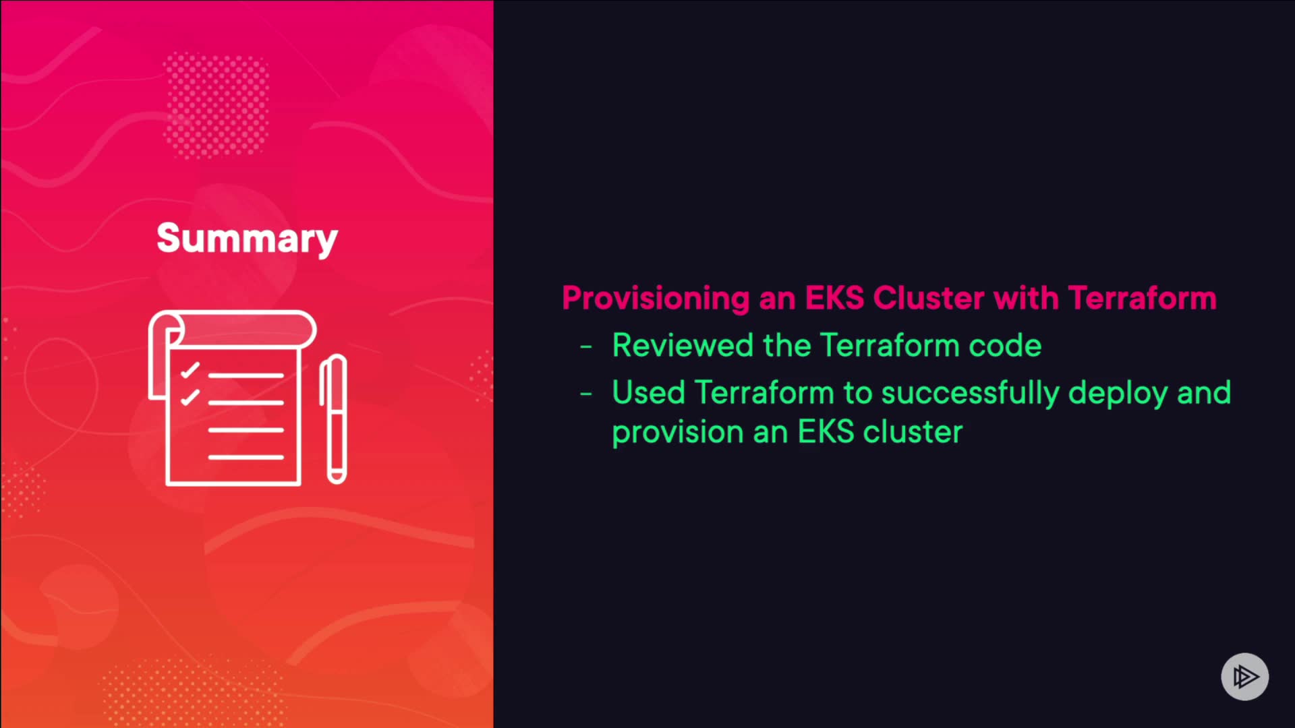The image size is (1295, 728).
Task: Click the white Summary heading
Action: click(x=247, y=239)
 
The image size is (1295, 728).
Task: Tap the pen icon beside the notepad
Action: click(x=334, y=419)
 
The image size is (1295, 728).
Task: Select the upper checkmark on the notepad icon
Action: click(x=190, y=370)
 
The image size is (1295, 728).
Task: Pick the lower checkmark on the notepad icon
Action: click(x=190, y=397)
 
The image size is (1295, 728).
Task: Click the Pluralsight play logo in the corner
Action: click(x=1245, y=676)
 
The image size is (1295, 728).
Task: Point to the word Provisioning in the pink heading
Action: click(x=656, y=299)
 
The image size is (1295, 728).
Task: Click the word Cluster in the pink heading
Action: click(x=929, y=298)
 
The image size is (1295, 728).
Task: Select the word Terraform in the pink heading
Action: click(x=1143, y=298)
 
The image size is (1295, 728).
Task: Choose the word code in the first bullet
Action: click(x=1005, y=345)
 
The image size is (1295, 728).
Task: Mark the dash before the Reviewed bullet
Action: click(x=586, y=347)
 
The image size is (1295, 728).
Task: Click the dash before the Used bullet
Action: click(x=586, y=394)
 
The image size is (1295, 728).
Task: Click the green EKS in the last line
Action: click(x=826, y=431)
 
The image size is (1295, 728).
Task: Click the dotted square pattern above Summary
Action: click(x=217, y=105)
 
